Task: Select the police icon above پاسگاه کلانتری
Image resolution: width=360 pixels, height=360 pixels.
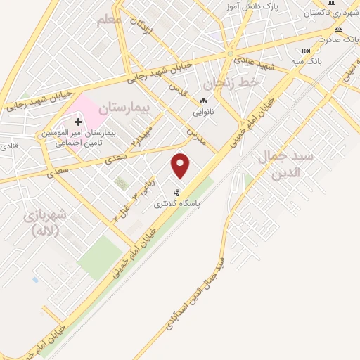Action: pos(176,192)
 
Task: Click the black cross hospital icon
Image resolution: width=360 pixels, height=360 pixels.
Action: pos(78,122)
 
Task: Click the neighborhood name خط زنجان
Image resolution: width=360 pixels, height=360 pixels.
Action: pos(239,82)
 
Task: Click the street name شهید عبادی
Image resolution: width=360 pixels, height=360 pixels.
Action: pos(256,65)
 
